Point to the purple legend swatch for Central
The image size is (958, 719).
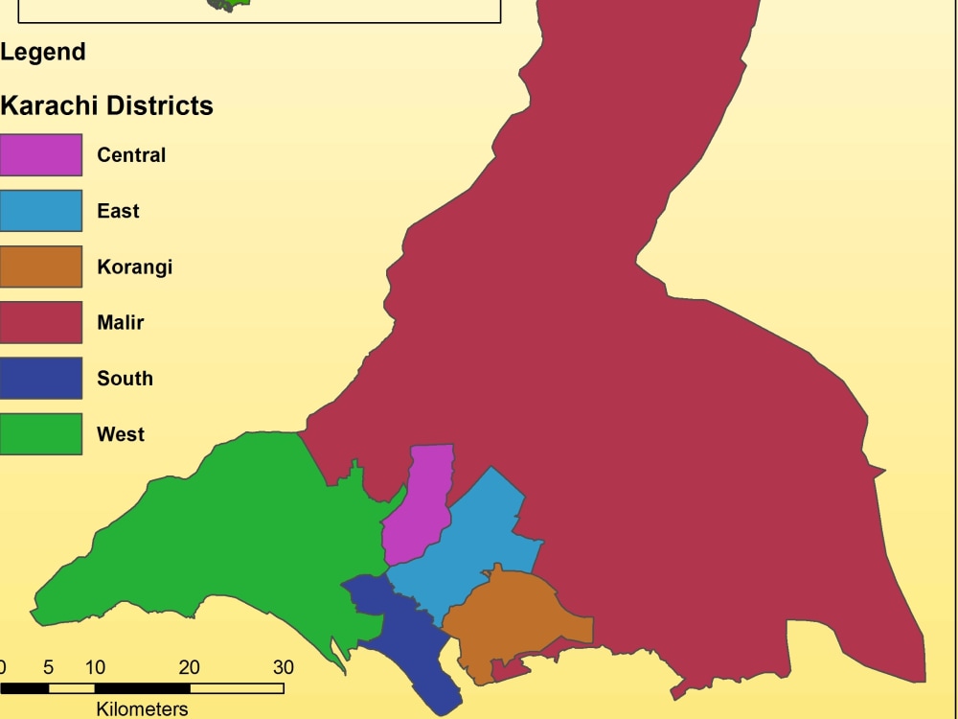click(40, 155)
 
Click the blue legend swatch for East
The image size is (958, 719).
click(40, 211)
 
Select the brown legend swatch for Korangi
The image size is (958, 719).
click(40, 267)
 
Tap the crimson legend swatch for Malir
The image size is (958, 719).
click(40, 322)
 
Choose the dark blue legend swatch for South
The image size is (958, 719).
click(40, 378)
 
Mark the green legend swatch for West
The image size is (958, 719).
click(40, 433)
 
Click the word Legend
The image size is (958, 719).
click(43, 52)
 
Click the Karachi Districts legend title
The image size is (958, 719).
click(106, 105)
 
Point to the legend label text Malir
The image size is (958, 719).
click(121, 322)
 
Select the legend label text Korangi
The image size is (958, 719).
click(135, 267)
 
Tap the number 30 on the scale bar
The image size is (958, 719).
click(284, 667)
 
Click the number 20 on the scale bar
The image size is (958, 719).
click(190, 667)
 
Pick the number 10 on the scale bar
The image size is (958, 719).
click(95, 667)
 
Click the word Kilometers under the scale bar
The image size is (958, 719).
click(142, 708)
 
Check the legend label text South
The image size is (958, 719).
click(125, 378)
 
